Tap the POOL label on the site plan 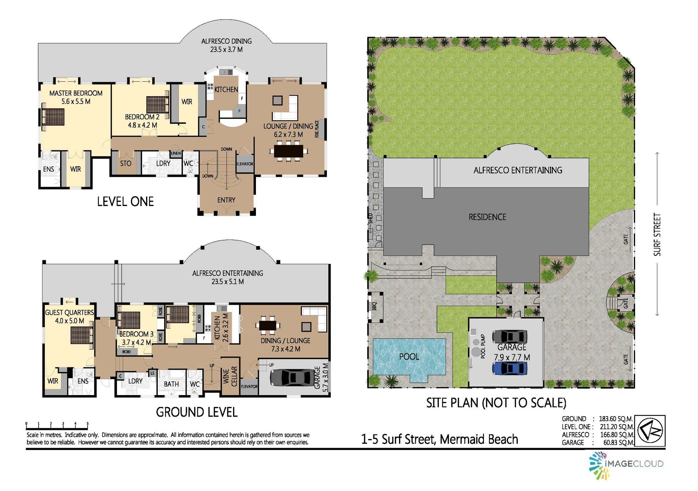click(409, 357)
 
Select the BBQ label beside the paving click(375, 306)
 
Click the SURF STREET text click(657, 234)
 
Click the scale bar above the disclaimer click(57, 424)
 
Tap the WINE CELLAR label click(230, 377)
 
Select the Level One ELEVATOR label click(245, 164)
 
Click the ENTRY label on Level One click(226, 200)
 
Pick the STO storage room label click(126, 163)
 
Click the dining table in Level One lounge click(288, 151)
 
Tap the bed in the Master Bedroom click(53, 117)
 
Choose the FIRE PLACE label click(317, 129)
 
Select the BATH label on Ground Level click(171, 384)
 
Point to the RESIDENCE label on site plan click(487, 217)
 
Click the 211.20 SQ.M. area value click(617, 427)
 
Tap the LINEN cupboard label click(176, 153)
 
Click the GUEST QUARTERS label click(69, 312)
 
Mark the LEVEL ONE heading click(125, 201)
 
